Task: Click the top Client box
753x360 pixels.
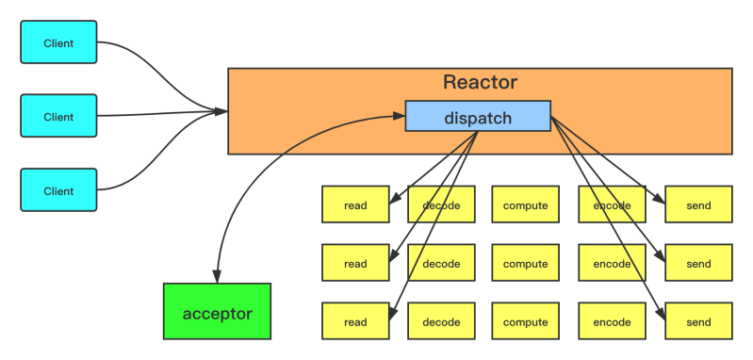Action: point(58,43)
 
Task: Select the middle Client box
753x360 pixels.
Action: point(58,116)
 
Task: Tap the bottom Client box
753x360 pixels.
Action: point(58,190)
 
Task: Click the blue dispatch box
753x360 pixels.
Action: point(478,118)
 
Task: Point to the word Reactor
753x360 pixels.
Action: point(480,83)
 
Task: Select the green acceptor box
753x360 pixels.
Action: point(217,312)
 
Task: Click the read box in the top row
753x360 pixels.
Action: point(355,205)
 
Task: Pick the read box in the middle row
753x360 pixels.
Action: point(355,263)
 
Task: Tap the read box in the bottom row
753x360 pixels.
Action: point(355,321)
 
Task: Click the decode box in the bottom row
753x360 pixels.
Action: point(441,321)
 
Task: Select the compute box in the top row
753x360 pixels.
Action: point(525,205)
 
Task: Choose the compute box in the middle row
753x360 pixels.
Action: point(525,263)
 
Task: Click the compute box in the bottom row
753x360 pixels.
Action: point(525,321)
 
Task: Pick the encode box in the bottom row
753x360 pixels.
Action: point(612,321)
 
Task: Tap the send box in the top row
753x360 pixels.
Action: point(698,205)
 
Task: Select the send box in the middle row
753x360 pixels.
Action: point(698,263)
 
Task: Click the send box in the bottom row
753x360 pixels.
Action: point(698,321)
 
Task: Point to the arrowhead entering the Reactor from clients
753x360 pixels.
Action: point(222,112)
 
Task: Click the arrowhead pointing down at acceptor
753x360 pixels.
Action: point(216,277)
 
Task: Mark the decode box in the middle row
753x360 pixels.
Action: point(441,263)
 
